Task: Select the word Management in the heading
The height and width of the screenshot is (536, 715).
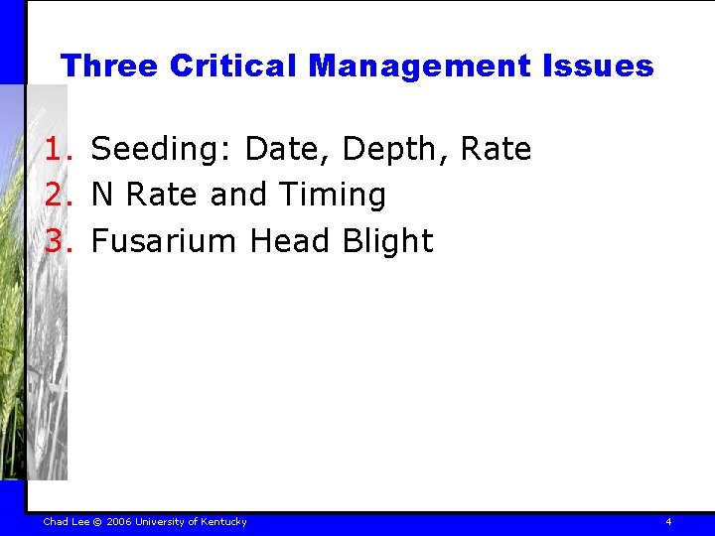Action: (x=420, y=67)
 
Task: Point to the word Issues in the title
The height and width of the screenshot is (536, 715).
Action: (x=598, y=67)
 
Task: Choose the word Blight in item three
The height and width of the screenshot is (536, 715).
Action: (x=389, y=241)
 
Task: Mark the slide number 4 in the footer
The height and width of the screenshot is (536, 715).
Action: (x=668, y=522)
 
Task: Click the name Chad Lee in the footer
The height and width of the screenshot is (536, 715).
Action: (x=67, y=522)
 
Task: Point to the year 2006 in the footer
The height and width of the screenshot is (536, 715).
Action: (x=119, y=522)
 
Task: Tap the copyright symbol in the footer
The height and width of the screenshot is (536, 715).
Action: (x=97, y=522)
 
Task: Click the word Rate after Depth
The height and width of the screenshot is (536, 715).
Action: (x=498, y=150)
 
